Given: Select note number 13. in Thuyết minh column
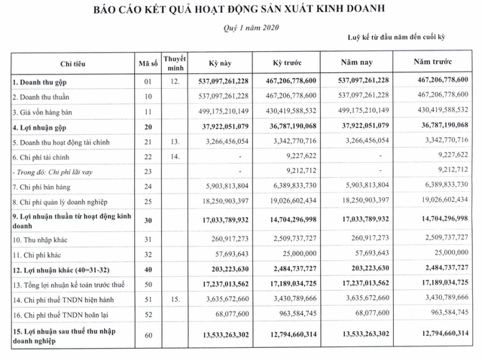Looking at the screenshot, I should click(x=175, y=141).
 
